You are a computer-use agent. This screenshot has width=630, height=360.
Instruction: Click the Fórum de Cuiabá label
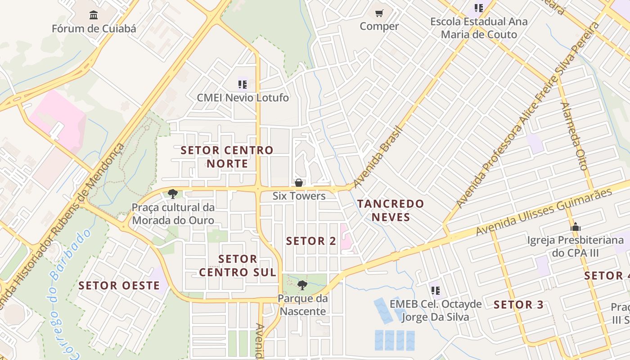point(94,29)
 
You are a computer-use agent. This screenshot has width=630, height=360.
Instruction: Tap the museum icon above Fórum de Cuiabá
point(94,15)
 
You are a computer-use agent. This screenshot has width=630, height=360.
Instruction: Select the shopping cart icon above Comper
point(379,13)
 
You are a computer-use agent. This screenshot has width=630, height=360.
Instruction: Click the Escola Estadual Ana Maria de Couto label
point(479,28)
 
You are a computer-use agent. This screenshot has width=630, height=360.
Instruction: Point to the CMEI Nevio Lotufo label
point(243,98)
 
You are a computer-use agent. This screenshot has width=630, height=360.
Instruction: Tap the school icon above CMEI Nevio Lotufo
point(243,84)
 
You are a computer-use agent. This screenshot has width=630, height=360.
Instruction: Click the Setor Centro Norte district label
point(227,157)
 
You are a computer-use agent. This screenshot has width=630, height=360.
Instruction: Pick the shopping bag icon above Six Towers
point(298,183)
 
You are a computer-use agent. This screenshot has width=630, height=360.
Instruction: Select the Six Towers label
point(299,196)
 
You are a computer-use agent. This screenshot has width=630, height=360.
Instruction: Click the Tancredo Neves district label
point(391,211)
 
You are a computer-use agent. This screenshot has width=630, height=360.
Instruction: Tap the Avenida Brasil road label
point(377,157)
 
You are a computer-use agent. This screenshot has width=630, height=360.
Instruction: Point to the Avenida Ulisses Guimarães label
point(544,211)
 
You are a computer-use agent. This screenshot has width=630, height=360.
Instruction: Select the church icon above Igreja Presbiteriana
point(575,227)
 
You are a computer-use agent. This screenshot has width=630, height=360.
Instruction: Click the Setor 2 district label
point(311,241)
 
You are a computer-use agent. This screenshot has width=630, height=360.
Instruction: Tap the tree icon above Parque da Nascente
point(302,285)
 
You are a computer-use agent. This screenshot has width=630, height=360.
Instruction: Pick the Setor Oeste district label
point(119,286)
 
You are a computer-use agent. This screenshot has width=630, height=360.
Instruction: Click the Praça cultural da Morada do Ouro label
point(173,214)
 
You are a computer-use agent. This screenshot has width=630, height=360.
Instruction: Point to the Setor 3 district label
point(518,305)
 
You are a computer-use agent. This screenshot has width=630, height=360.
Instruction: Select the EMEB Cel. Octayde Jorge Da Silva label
point(435,310)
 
